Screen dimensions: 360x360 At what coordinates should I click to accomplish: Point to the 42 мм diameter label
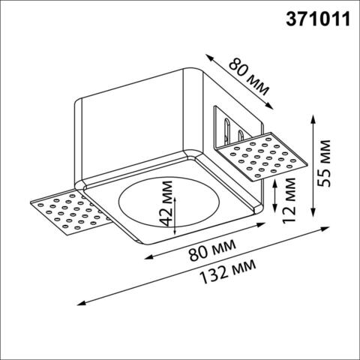point(165,211)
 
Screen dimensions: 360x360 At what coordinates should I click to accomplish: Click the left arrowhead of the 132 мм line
point(77,304)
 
